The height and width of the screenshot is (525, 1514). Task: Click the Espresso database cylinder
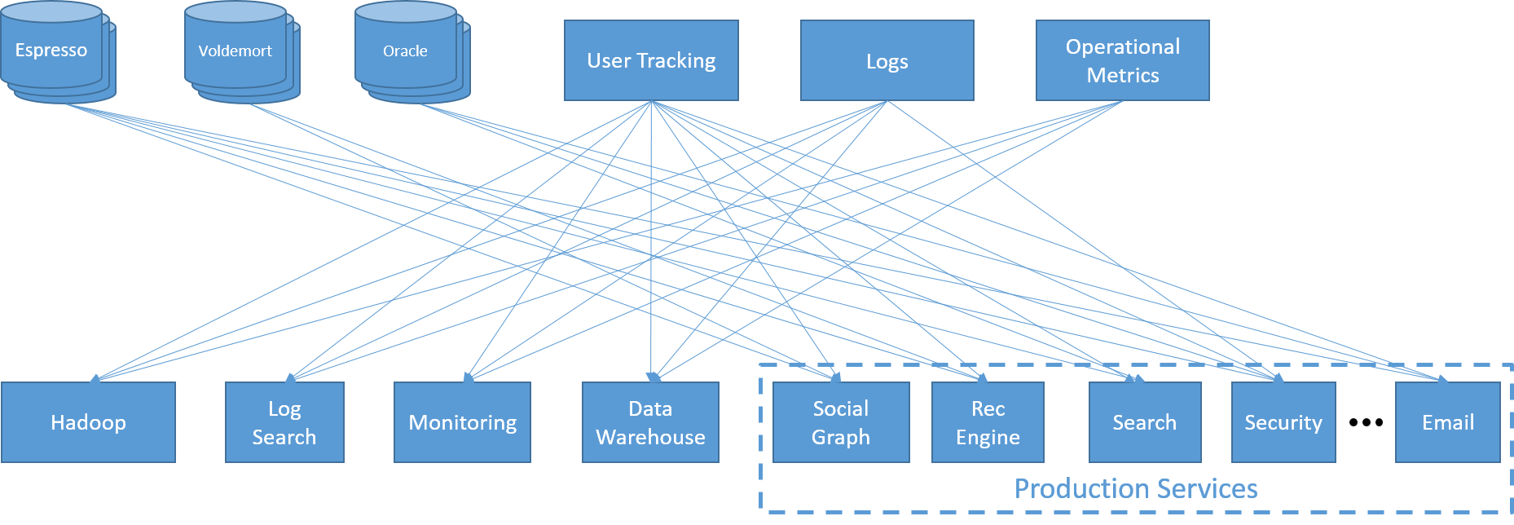[x=58, y=51]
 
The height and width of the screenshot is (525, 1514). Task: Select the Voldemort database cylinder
[x=242, y=51]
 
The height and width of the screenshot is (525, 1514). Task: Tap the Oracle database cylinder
[x=412, y=51]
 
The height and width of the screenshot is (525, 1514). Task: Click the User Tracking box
[x=651, y=60]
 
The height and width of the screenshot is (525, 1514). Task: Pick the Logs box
[x=887, y=60]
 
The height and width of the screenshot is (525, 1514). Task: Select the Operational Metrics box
[x=1123, y=60]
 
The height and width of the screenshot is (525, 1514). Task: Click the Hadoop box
[x=88, y=422]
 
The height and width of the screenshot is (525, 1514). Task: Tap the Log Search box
[x=284, y=422]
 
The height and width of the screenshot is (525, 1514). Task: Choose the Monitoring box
[x=462, y=422]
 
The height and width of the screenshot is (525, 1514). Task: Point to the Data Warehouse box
[x=650, y=422]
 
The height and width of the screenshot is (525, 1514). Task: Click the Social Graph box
[x=841, y=422]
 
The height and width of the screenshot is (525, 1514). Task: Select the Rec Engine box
[x=988, y=422]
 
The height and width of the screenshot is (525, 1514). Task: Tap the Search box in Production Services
[x=1145, y=422]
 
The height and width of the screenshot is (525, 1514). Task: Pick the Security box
[x=1283, y=422]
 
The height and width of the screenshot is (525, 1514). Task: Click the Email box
[x=1448, y=422]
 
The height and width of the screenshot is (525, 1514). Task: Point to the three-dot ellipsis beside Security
[x=1366, y=422]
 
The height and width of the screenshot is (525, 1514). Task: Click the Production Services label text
[x=1136, y=488]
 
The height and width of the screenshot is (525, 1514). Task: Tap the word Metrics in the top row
[x=1123, y=75]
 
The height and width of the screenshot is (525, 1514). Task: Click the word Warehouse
[x=650, y=437]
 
